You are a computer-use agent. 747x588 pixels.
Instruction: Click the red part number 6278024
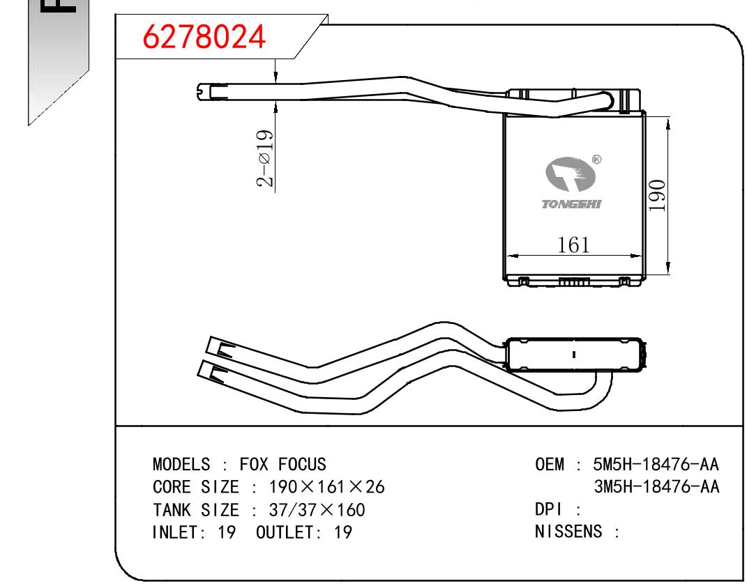(204, 37)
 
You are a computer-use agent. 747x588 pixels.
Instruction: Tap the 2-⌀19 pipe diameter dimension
(265, 158)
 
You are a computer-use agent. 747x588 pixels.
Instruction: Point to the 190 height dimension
(656, 196)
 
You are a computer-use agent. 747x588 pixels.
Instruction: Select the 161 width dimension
(573, 245)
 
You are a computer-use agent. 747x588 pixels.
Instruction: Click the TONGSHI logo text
(571, 204)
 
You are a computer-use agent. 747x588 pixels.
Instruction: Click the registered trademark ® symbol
(596, 160)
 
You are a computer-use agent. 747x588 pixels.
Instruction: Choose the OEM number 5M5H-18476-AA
(656, 464)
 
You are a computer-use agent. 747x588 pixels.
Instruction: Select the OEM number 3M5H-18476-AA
(656, 487)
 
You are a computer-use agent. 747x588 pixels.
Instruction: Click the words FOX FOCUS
(282, 464)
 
